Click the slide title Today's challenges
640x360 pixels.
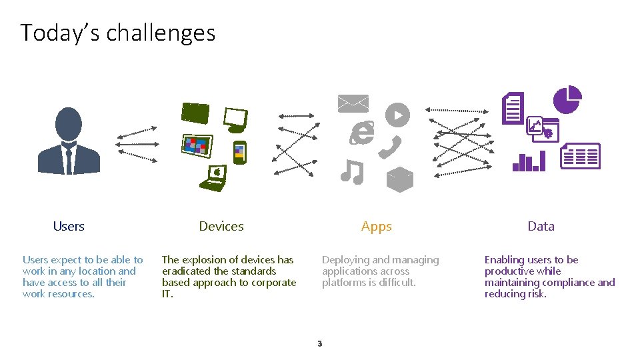pyautogui.click(x=118, y=33)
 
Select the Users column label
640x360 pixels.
pyautogui.click(x=69, y=226)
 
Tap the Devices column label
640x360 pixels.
pyautogui.click(x=221, y=226)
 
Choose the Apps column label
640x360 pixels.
pyautogui.click(x=377, y=226)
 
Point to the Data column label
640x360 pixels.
pyautogui.click(x=541, y=226)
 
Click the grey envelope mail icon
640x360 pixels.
pyautogui.click(x=353, y=103)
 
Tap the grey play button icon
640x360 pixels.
pyautogui.click(x=397, y=115)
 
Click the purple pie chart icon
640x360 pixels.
pyautogui.click(x=567, y=99)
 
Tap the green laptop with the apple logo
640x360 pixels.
pyautogui.click(x=215, y=178)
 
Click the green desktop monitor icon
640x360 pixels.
pyautogui.click(x=235, y=120)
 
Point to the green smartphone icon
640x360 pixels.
pyautogui.click(x=239, y=153)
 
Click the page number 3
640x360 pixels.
pyautogui.click(x=319, y=344)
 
